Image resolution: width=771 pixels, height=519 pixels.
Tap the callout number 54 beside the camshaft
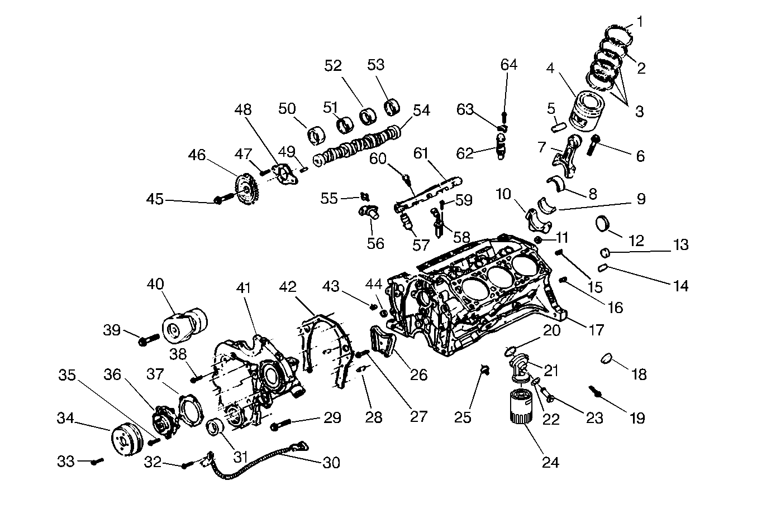[421, 110]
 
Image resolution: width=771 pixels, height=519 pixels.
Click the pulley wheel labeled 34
[126, 441]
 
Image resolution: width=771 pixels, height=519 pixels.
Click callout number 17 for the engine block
[596, 329]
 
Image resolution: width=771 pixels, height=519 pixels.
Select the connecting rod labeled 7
[567, 150]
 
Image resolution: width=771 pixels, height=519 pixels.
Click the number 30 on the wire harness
[331, 462]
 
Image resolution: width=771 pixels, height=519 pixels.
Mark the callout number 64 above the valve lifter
[508, 65]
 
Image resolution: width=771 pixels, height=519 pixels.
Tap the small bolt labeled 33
[98, 461]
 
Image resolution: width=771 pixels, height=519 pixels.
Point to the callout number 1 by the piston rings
[640, 22]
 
